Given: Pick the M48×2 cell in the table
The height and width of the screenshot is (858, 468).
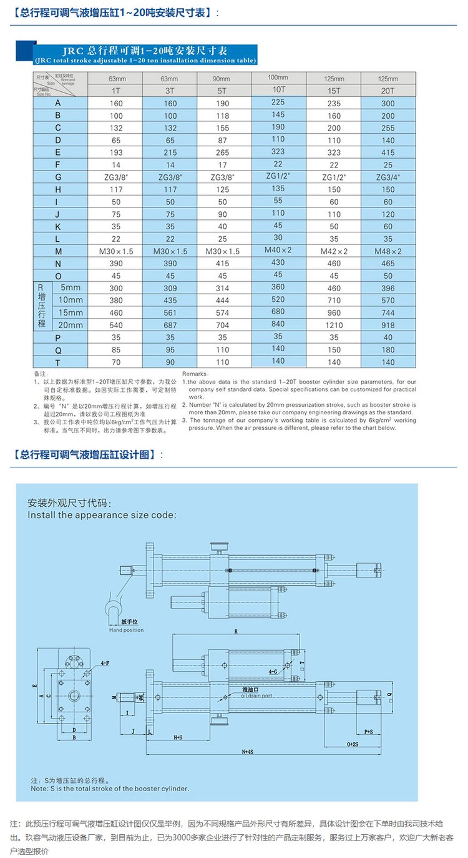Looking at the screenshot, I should click(388, 251).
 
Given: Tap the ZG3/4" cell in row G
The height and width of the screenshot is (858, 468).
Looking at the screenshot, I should click(388, 177).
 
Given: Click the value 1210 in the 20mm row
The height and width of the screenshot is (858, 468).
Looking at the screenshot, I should click(334, 325).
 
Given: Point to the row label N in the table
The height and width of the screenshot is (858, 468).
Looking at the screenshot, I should click(58, 263).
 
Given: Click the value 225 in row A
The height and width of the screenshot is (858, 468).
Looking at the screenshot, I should click(278, 101).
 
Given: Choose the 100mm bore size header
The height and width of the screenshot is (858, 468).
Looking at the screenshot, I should click(278, 77).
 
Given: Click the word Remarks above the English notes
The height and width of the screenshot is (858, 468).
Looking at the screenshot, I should click(196, 373).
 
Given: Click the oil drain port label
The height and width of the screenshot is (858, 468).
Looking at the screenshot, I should click(256, 695).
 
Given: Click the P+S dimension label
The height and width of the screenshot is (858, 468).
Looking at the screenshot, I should click(368, 731).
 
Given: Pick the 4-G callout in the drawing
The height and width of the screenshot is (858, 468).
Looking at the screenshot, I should click(273, 672).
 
